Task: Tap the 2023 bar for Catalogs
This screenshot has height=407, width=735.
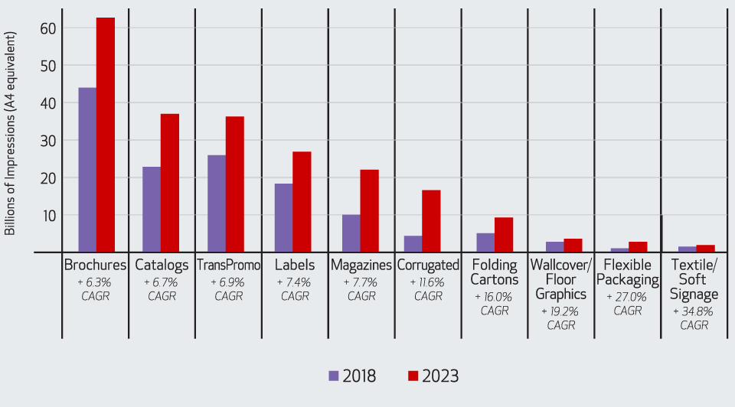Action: (x=169, y=183)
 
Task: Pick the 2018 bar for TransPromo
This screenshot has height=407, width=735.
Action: (x=217, y=203)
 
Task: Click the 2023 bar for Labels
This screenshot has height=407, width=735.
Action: (x=302, y=202)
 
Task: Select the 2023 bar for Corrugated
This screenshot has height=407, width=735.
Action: (x=431, y=221)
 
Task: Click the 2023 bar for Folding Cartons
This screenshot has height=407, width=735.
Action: (x=503, y=235)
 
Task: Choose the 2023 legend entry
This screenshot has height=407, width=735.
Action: (x=433, y=376)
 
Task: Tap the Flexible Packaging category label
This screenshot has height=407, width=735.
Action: (x=627, y=272)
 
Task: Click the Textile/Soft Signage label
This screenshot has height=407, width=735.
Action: (x=694, y=279)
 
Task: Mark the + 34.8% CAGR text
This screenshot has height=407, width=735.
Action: (x=694, y=318)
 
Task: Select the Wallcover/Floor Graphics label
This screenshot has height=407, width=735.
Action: (x=560, y=279)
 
